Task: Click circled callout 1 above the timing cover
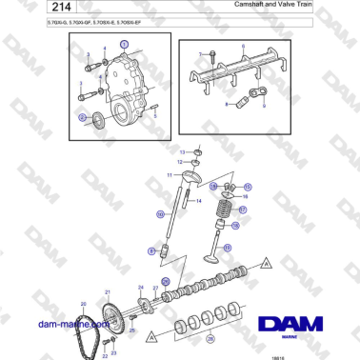[122, 46]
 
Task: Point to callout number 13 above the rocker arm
[184, 151]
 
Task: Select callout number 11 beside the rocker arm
[170, 175]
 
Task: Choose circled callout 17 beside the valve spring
[242, 210]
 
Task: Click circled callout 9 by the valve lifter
[150, 250]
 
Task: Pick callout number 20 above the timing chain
[83, 304]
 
